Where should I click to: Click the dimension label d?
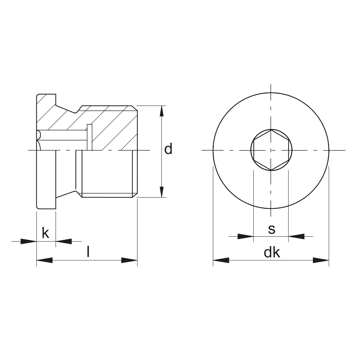[168, 149]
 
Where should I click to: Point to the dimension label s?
[271, 230]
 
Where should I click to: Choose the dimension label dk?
[272, 252]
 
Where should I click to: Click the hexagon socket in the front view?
[271, 150]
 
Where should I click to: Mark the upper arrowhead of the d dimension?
[162, 111]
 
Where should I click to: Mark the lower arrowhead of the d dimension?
[162, 192]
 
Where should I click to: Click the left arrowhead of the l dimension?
[45, 260]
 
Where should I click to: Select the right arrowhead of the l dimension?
[129, 260]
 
